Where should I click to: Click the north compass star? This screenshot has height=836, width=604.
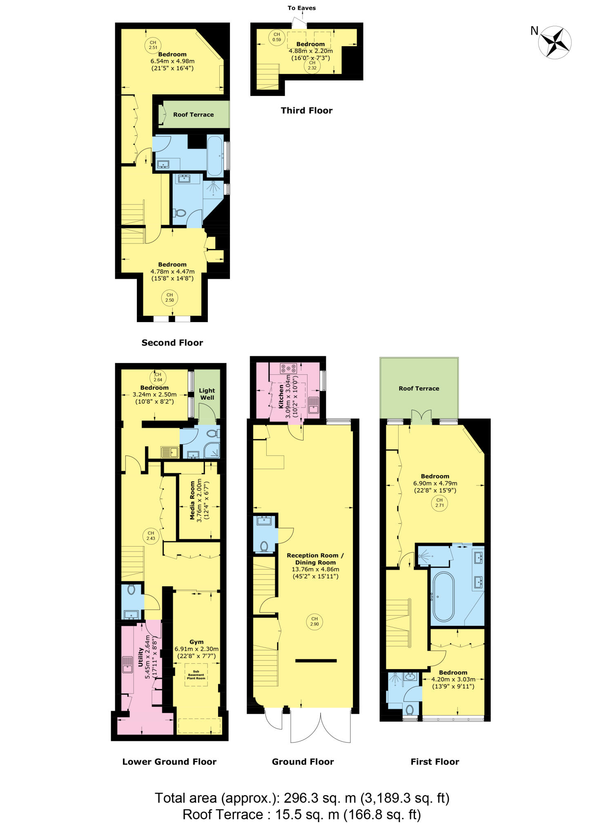pyautogui.click(x=555, y=42)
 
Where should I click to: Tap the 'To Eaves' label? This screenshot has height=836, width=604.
pyautogui.click(x=301, y=8)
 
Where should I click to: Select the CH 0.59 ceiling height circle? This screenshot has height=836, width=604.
pyautogui.click(x=277, y=37)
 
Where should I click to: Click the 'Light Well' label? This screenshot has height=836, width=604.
pyautogui.click(x=207, y=394)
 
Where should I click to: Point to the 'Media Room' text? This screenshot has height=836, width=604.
pyautogui.click(x=192, y=500)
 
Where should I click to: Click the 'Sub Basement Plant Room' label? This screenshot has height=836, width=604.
pyautogui.click(x=196, y=675)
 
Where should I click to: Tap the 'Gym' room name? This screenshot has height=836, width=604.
pyautogui.click(x=196, y=642)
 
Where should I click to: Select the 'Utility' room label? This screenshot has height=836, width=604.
pyautogui.click(x=140, y=657)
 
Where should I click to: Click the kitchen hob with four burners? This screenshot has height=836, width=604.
pyautogui.click(x=288, y=368)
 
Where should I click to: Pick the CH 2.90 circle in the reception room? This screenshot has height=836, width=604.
pyautogui.click(x=314, y=621)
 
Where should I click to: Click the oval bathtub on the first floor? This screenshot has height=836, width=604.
pyautogui.click(x=443, y=596)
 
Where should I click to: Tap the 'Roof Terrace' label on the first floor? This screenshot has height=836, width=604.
pyautogui.click(x=419, y=389)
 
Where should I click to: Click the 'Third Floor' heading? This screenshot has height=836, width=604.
pyautogui.click(x=307, y=111)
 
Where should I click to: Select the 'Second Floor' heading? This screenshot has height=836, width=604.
pyautogui.click(x=172, y=343)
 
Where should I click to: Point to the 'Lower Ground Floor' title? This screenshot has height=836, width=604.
pyautogui.click(x=169, y=762)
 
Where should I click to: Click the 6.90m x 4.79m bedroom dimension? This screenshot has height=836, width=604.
pyautogui.click(x=435, y=483)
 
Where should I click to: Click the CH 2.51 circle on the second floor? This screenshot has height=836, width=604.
pyautogui.click(x=153, y=45)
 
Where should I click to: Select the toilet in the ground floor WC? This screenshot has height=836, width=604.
pyautogui.click(x=264, y=546)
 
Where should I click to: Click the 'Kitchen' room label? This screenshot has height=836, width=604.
pyautogui.click(x=281, y=396)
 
